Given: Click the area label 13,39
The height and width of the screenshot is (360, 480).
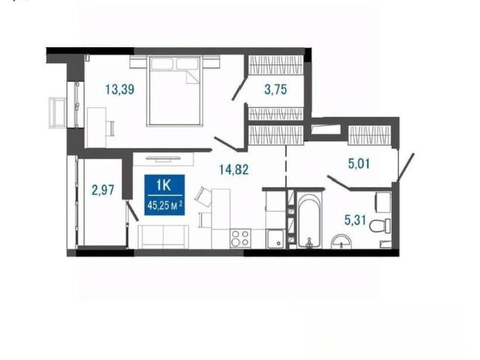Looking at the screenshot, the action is [120, 89].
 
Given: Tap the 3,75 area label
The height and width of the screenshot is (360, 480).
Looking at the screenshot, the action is [275, 89].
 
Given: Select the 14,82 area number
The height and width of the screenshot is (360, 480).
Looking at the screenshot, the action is [234, 169].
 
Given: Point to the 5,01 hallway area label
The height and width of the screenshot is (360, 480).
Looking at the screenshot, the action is [358, 163].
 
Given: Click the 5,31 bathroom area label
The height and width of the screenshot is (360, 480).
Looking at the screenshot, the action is [355, 220].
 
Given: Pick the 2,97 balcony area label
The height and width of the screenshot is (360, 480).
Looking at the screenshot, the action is [103, 190].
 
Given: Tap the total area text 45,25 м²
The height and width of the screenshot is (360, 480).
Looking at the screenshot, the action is [165, 205].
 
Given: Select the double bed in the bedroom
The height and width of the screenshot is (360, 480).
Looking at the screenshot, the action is [175, 91].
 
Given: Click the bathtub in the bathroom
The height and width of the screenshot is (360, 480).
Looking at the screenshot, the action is [310, 220].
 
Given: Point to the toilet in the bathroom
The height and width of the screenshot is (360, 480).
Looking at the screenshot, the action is [380, 226].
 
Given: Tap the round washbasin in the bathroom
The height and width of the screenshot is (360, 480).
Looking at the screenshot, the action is [341, 241].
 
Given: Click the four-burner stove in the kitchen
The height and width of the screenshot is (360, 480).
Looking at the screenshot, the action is [240, 238].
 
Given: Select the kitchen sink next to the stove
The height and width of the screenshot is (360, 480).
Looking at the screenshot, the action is [275, 239].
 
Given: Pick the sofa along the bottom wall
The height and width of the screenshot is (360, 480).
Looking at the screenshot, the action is [163, 237].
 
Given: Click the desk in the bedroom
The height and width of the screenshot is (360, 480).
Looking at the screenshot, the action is [97, 127].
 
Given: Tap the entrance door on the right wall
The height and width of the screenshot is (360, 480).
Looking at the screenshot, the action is [406, 167].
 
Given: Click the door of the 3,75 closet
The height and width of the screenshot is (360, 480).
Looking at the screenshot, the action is [238, 89].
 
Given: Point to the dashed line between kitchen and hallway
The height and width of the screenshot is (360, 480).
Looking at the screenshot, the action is [286, 166].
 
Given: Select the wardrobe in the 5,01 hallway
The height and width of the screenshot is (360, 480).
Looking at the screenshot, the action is [370, 135].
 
